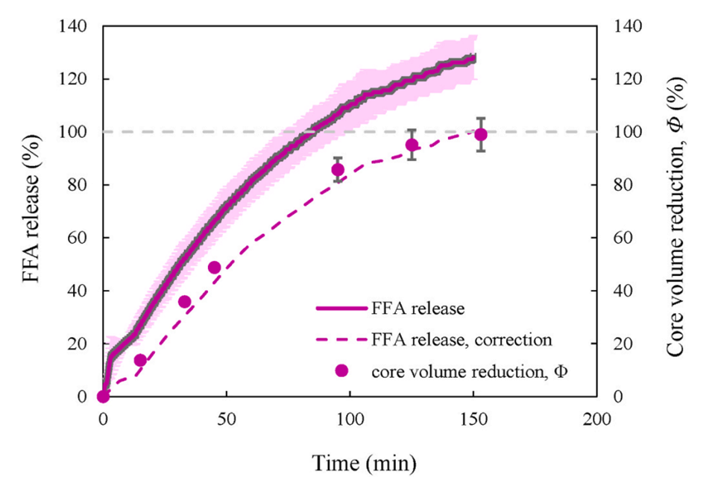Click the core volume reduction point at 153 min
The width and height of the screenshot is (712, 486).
pyautogui.click(x=481, y=134)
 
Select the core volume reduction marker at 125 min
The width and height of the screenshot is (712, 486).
pyautogui.click(x=412, y=145)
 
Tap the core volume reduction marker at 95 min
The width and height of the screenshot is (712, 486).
pyautogui.click(x=338, y=170)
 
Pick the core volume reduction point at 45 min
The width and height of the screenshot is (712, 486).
pyautogui.click(x=215, y=268)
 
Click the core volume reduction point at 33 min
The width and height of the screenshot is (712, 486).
pyautogui.click(x=185, y=302)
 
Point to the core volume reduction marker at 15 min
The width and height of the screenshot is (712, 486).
pyautogui.click(x=140, y=360)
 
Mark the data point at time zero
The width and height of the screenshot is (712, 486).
pyautogui.click(x=104, y=397)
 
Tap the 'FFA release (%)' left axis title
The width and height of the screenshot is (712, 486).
pyautogui.click(x=31, y=211)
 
